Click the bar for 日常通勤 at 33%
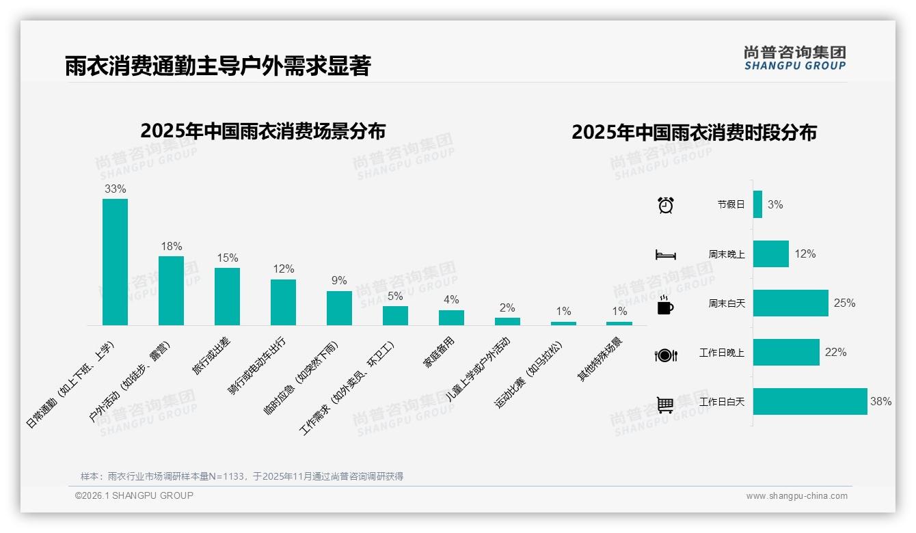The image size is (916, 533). point(115,262)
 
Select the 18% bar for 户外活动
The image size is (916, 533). point(171,290)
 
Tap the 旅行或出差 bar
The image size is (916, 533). point(227,296)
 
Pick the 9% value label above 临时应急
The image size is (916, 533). point(339,280)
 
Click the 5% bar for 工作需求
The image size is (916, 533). point(395,315)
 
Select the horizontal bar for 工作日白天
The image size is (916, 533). point(810,401)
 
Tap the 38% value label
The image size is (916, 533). point(880,402)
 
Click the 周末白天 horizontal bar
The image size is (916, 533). point(790,303)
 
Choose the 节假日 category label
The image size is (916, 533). point(731,204)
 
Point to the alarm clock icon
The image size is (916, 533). point(665,204)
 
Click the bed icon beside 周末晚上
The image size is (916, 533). point(665,255)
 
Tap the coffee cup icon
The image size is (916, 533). point(665,305)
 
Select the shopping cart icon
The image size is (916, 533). point(665,405)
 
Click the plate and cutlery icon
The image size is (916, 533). point(665,355)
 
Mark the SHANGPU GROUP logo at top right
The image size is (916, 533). point(794,58)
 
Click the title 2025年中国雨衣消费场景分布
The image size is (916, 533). point(263,131)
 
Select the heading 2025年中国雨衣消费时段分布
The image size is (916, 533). point(694,133)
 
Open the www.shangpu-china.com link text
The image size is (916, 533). point(796,496)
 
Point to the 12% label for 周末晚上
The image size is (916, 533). point(805,254)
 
